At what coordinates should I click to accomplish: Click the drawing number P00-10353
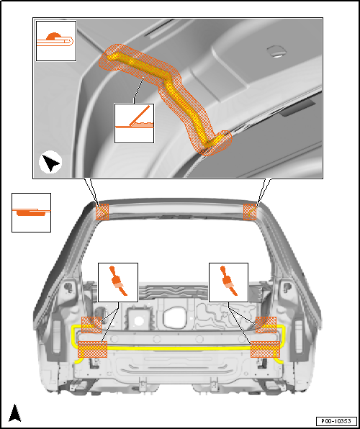point(336,420)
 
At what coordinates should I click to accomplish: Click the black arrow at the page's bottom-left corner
point(15,412)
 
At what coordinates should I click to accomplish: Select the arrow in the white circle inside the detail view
point(50,162)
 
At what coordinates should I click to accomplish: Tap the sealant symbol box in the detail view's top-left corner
point(56,41)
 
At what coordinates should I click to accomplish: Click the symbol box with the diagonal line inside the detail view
point(134,123)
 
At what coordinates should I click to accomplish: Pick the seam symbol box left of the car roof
point(31,212)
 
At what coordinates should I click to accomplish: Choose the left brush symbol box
point(118,283)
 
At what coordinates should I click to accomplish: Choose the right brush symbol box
point(228,283)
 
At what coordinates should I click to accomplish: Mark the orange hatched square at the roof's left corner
point(102,212)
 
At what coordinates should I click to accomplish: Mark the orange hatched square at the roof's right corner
point(250,212)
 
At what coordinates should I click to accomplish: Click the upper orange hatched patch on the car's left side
point(91,325)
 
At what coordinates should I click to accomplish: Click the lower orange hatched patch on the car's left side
point(93,349)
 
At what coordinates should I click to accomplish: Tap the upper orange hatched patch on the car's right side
point(266,325)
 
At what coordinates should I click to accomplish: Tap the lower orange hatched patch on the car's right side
point(266,349)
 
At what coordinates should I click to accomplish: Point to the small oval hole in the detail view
point(276,51)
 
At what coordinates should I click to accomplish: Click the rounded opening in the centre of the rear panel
point(175,317)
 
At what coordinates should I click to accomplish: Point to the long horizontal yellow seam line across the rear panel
point(179,348)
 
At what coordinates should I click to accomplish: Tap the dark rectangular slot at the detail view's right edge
point(298,107)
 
